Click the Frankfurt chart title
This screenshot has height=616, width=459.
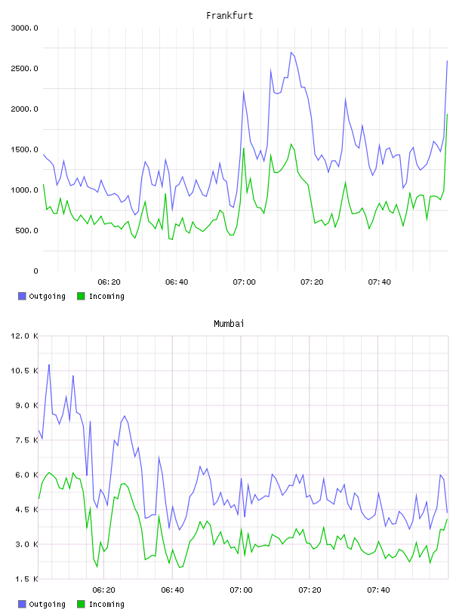point(229,16)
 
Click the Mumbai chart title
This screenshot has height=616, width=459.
point(229,324)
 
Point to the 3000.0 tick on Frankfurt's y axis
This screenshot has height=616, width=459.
point(24,28)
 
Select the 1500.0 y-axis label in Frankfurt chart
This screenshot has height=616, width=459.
point(24,149)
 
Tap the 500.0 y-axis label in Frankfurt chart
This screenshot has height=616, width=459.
point(26,230)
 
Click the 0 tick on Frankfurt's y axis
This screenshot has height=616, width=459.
point(35,271)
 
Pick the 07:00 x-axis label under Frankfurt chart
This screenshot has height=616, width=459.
point(244,282)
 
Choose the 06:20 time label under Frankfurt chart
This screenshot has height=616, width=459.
point(109,282)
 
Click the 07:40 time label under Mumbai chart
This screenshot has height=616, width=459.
point(378,590)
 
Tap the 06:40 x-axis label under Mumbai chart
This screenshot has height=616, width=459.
point(173,590)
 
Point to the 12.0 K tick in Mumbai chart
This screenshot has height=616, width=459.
point(24,336)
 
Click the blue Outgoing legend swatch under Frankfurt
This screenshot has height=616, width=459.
point(22,296)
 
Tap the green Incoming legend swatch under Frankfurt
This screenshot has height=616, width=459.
point(81,296)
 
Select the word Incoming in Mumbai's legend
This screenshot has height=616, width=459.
point(106,604)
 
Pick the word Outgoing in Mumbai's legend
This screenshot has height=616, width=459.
point(47,604)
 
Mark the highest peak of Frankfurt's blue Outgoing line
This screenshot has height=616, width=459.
point(291,52)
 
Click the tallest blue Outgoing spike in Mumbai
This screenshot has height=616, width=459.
point(49,365)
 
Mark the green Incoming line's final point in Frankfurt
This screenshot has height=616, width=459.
point(447,114)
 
